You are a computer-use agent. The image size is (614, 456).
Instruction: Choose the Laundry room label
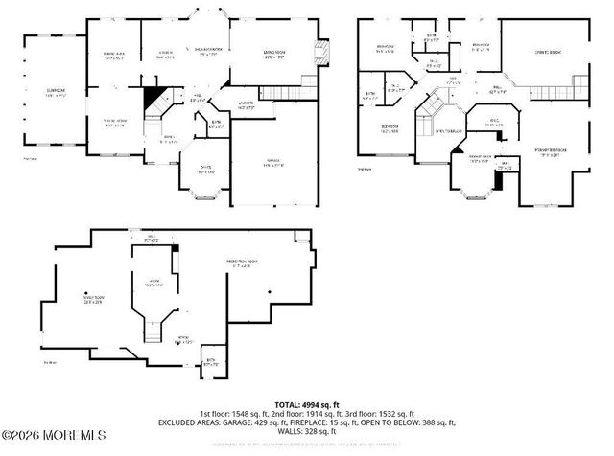click(x=245, y=105)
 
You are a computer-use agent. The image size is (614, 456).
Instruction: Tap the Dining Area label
click(x=114, y=55)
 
